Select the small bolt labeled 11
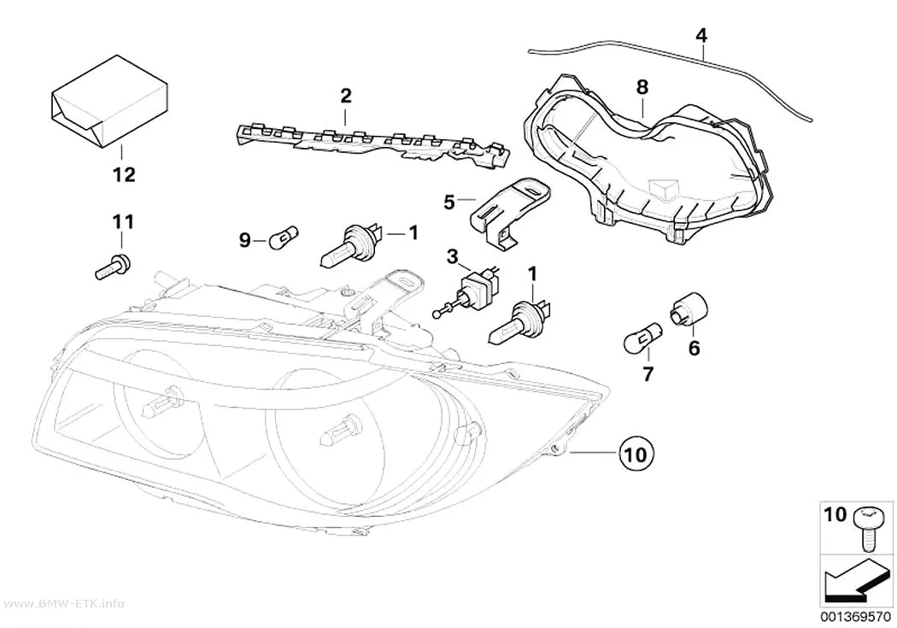pyautogui.click(x=113, y=267)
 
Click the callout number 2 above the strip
pyautogui.click(x=345, y=96)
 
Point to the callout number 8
pyautogui.click(x=642, y=87)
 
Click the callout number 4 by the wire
pyautogui.click(x=701, y=36)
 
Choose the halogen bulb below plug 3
pyautogui.click(x=519, y=322)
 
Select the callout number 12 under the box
pyautogui.click(x=124, y=174)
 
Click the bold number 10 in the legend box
pyautogui.click(x=835, y=514)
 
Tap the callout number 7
pyautogui.click(x=647, y=374)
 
